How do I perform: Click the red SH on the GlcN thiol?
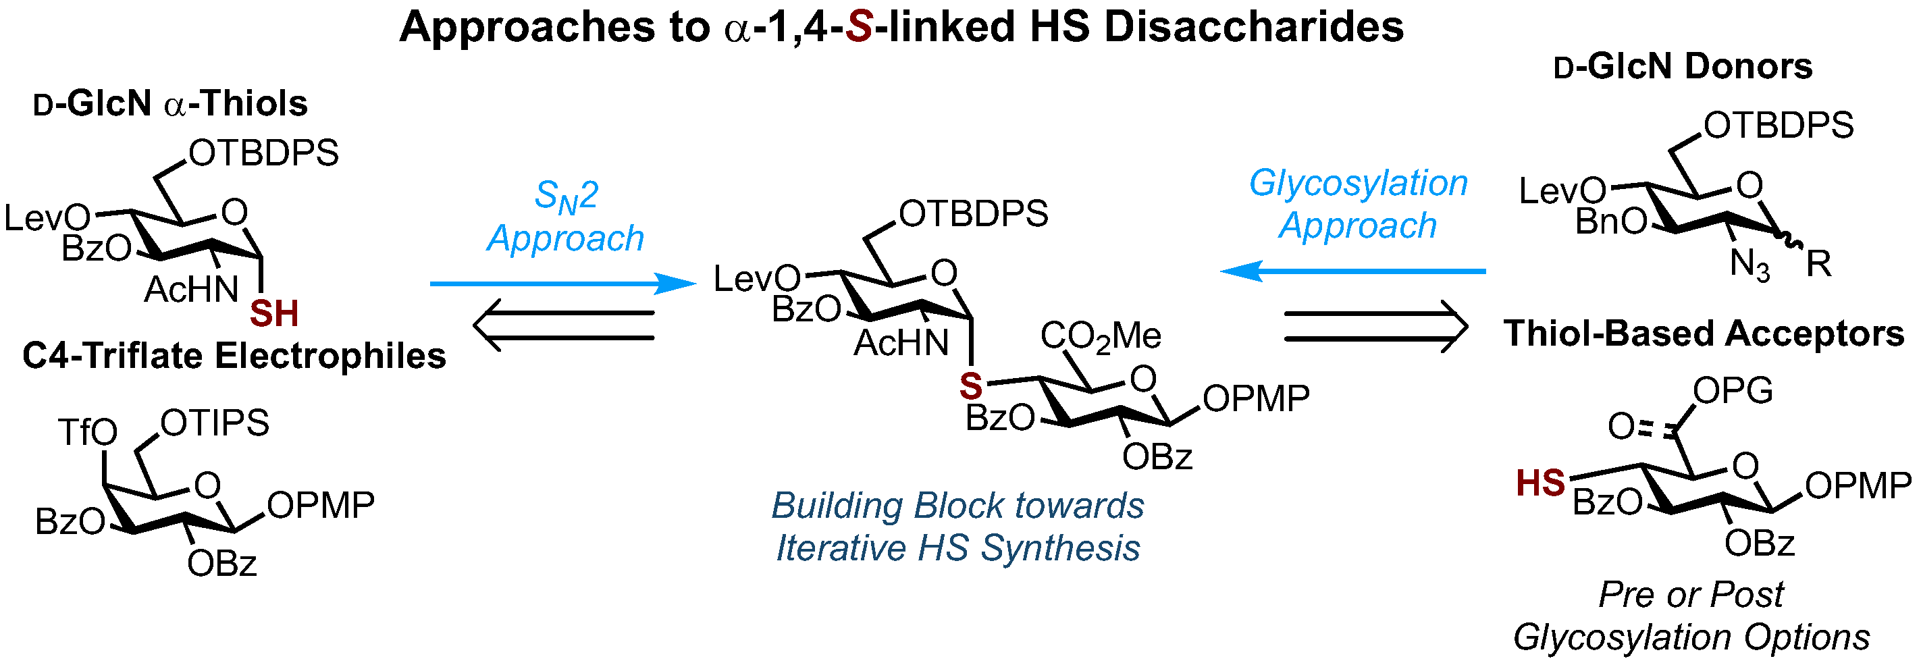(x=273, y=314)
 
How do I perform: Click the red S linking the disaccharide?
(x=970, y=386)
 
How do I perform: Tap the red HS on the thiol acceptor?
(x=1540, y=483)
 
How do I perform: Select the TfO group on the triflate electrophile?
(x=87, y=432)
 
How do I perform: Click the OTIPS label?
(x=214, y=423)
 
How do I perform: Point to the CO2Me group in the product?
(x=1100, y=336)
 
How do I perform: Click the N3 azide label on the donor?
(x=1749, y=265)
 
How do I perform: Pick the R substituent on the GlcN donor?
(x=1818, y=264)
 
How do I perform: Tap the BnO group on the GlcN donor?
(x=1611, y=222)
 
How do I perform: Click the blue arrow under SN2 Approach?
(x=563, y=284)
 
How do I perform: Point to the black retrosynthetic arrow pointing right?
(x=1376, y=327)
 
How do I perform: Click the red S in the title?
(x=859, y=28)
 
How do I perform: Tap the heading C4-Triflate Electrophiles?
(x=234, y=356)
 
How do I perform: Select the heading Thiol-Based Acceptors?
(x=1704, y=334)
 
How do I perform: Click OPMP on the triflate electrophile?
(x=321, y=506)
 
